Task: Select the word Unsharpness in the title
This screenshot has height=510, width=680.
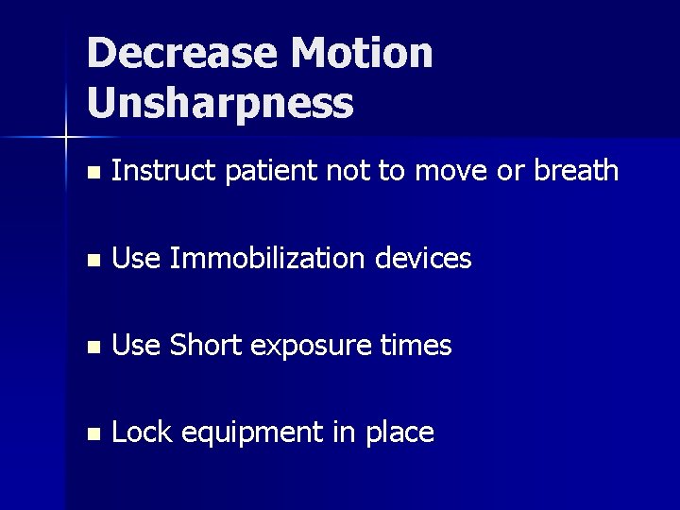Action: [219, 103]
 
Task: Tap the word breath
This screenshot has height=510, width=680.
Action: [576, 171]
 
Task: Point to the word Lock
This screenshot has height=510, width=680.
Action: [141, 433]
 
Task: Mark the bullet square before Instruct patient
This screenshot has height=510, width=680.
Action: [91, 173]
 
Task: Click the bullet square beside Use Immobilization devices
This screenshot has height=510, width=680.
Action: [91, 260]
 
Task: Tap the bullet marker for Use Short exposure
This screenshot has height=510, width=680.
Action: [91, 348]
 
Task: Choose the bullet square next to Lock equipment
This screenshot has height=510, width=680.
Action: [91, 434]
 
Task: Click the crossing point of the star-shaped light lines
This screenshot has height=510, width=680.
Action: [66, 138]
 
